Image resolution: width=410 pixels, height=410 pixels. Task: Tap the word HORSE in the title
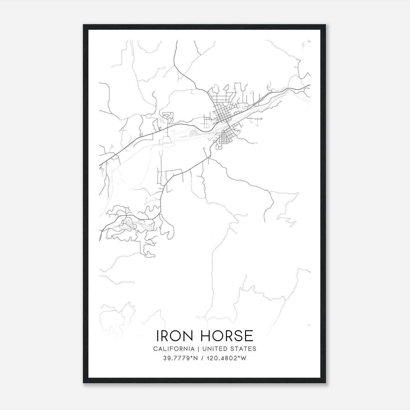224,335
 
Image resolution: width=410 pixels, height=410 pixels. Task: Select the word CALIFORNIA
174,348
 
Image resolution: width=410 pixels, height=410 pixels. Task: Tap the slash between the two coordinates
203,358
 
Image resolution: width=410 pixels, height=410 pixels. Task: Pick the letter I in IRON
158,335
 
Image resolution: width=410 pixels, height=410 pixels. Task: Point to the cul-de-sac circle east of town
261,119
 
